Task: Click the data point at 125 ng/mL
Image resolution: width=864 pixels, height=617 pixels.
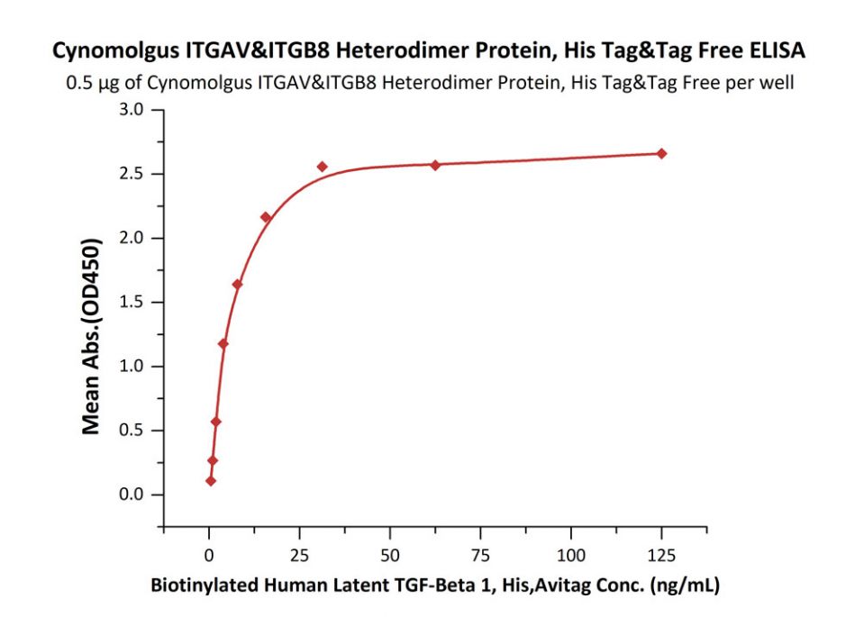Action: [661, 153]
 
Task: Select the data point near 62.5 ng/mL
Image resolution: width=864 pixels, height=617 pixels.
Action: [435, 165]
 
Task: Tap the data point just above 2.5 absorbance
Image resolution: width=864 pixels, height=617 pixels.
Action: [322, 167]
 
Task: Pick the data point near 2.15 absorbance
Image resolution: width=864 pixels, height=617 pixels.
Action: [266, 217]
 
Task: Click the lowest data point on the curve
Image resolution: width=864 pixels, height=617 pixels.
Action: [211, 480]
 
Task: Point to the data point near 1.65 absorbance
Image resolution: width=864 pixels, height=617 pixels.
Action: [237, 285]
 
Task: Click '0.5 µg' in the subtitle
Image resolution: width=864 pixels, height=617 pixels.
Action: [90, 85]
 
